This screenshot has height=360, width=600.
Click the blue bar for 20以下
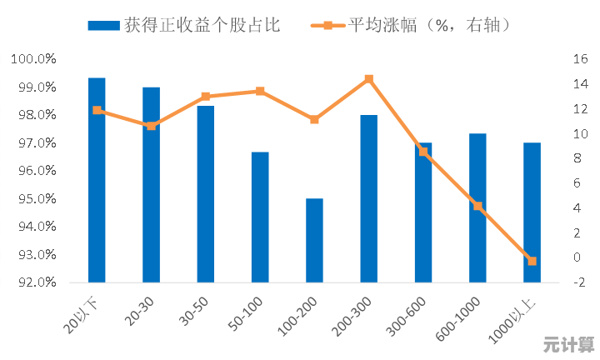tap(97, 179)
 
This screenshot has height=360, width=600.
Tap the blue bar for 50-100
tap(260, 217)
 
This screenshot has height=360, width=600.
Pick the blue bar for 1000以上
tap(532, 212)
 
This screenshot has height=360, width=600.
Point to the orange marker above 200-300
tap(368, 79)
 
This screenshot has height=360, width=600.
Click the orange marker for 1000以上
tap(532, 261)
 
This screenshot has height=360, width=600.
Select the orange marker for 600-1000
tap(477, 206)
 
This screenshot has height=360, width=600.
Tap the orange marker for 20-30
tap(151, 126)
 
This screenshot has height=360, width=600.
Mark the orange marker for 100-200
tap(314, 119)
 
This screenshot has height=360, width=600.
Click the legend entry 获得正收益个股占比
tap(183, 25)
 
